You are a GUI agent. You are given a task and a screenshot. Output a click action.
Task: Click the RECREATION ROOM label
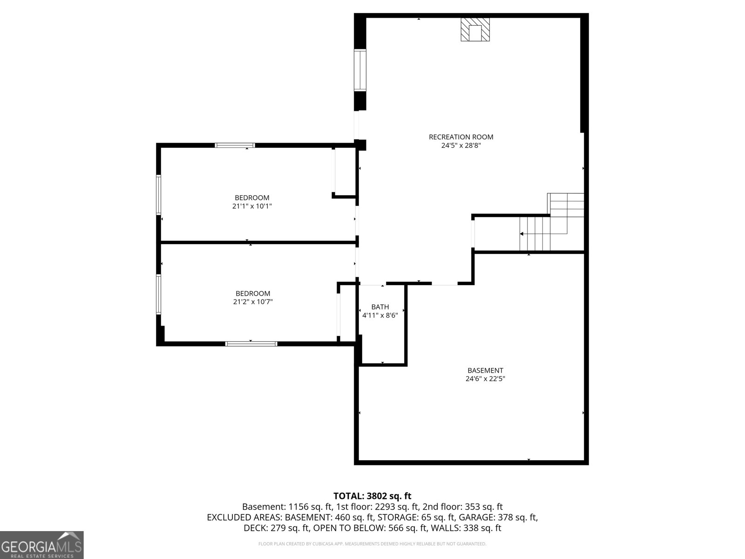[x=461, y=137]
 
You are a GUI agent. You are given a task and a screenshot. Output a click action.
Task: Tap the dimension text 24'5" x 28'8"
[x=461, y=145]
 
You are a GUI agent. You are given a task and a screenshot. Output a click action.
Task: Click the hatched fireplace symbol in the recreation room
[x=475, y=30]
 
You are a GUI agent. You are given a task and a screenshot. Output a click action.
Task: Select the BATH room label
[x=380, y=307]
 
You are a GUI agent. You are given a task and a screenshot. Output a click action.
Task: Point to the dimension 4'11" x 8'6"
[x=380, y=315]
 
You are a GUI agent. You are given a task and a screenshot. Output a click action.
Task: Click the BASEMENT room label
[x=485, y=370]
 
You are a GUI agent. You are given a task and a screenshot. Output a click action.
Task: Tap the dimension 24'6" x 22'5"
[x=485, y=379]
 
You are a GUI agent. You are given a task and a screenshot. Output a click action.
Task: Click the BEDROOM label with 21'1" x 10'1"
[x=252, y=198]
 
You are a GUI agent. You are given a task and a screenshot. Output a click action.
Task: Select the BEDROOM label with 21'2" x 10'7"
[x=253, y=293]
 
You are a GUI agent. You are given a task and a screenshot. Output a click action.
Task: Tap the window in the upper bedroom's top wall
[x=235, y=145]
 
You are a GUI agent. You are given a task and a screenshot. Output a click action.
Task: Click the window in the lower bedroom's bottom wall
[x=251, y=344]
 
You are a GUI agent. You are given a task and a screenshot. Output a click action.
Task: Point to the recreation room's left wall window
[x=360, y=70]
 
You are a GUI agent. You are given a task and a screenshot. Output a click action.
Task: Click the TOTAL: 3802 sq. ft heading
[x=372, y=496]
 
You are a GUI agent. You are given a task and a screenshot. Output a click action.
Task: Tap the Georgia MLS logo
[x=41, y=545]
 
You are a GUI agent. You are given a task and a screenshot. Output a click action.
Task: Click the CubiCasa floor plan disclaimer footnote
[x=372, y=544]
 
